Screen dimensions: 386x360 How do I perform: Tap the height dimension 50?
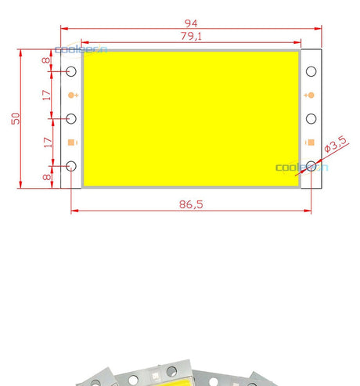14,118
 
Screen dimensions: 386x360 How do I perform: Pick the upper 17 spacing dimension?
47,95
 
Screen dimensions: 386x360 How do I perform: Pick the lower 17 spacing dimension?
47,142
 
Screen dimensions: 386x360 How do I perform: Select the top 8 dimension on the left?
47,60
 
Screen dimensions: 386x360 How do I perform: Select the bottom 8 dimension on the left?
47,177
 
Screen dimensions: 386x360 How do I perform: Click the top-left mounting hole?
71,71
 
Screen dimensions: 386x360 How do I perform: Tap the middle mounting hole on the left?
71,119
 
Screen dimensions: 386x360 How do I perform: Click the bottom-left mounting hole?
71,166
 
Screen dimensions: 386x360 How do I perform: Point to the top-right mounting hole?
311,71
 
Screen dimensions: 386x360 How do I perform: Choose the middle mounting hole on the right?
311,119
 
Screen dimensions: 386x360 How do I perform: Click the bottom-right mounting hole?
311,166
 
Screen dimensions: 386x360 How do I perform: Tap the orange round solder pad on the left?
72,96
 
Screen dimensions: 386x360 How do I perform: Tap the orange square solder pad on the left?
72,142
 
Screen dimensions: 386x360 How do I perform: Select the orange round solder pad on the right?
311,96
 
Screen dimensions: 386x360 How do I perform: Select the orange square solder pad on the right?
311,142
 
